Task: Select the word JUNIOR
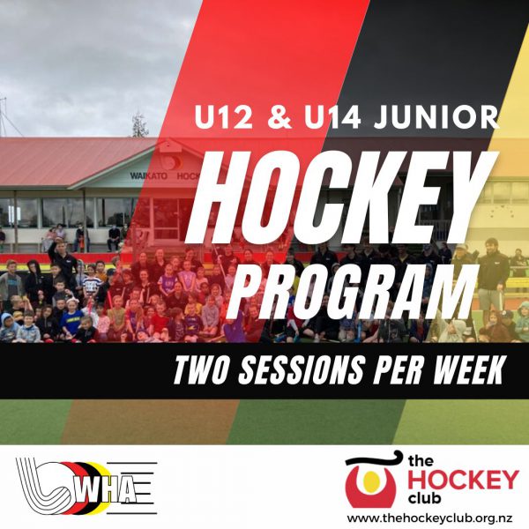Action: [436, 117]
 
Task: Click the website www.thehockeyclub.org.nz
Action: [430, 518]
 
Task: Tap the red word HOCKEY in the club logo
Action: [463, 480]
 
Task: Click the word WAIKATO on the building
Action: [148, 175]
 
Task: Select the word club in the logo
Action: [424, 498]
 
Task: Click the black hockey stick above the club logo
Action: [373, 460]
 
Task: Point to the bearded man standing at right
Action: [493, 280]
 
